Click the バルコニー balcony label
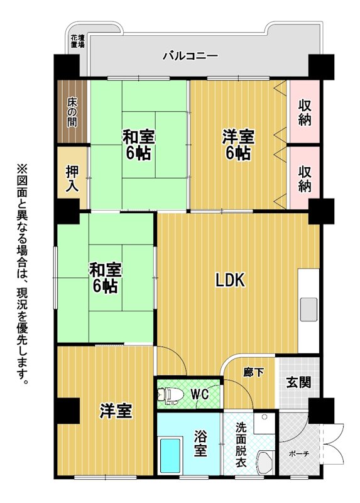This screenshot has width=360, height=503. [190, 56]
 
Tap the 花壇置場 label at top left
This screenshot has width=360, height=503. [77, 41]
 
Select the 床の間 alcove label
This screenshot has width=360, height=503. [72, 113]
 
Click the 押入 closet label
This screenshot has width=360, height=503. [72, 179]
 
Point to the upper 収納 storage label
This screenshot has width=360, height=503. [305, 113]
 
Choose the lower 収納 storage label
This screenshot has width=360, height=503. [305, 179]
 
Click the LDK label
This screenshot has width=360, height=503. [231, 280]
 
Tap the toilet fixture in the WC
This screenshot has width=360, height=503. [170, 394]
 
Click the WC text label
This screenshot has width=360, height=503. [200, 394]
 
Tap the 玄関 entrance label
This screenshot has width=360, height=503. [298, 382]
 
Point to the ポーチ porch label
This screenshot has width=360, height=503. [299, 453]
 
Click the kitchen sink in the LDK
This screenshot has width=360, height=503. [308, 309]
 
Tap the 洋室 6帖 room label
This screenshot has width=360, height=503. [239, 145]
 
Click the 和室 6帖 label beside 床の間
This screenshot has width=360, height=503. [138, 145]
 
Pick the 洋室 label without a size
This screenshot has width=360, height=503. [116, 411]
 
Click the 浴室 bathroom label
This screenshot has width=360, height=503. [200, 443]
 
